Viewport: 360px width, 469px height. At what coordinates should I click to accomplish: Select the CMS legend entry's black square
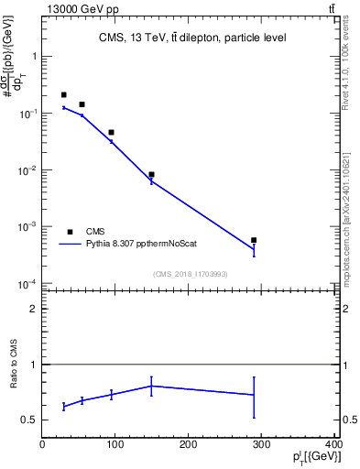pyautogui.click(x=70, y=232)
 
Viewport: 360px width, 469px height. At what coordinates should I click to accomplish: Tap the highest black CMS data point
pyautogui.click(x=64, y=94)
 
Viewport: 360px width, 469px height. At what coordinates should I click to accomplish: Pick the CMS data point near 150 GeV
pyautogui.click(x=151, y=174)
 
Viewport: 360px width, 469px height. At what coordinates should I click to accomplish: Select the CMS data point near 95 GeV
pyautogui.click(x=112, y=133)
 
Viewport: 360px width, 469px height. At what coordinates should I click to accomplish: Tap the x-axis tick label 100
pyautogui.click(x=115, y=446)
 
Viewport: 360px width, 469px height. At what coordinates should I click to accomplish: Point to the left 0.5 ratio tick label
pyautogui.click(x=29, y=420)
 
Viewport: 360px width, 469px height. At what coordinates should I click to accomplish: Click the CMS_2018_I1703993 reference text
pyautogui.click(x=191, y=274)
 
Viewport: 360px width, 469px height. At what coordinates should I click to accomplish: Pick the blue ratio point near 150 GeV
pyautogui.click(x=151, y=386)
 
